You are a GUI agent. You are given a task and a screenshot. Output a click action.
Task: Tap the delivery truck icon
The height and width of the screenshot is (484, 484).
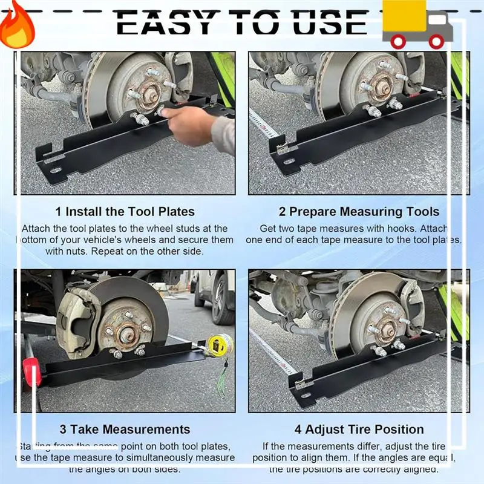417,25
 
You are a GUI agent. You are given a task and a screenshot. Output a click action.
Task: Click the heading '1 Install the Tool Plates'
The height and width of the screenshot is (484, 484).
125,212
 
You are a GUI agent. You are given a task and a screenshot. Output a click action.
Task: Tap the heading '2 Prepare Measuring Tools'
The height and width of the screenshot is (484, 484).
359,212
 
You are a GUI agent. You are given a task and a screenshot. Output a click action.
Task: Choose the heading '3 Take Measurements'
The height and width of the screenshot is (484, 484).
125,430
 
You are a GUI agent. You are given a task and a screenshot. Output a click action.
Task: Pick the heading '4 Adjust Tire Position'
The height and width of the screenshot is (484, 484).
359,430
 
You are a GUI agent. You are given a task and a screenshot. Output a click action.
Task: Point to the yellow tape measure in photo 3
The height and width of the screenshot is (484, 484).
218,345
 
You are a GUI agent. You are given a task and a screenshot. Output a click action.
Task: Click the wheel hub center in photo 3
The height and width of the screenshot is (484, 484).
126,332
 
